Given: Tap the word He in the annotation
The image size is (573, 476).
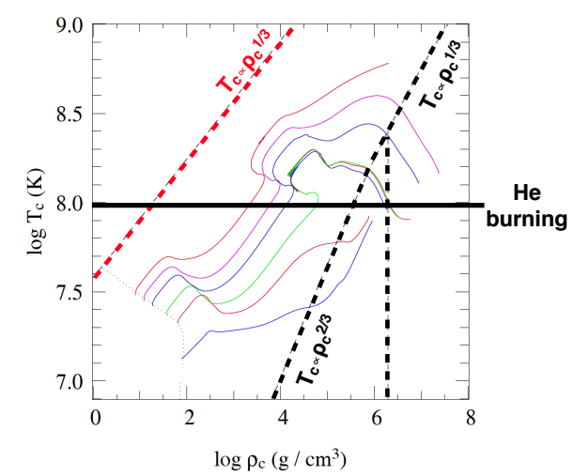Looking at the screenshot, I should (527, 192).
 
